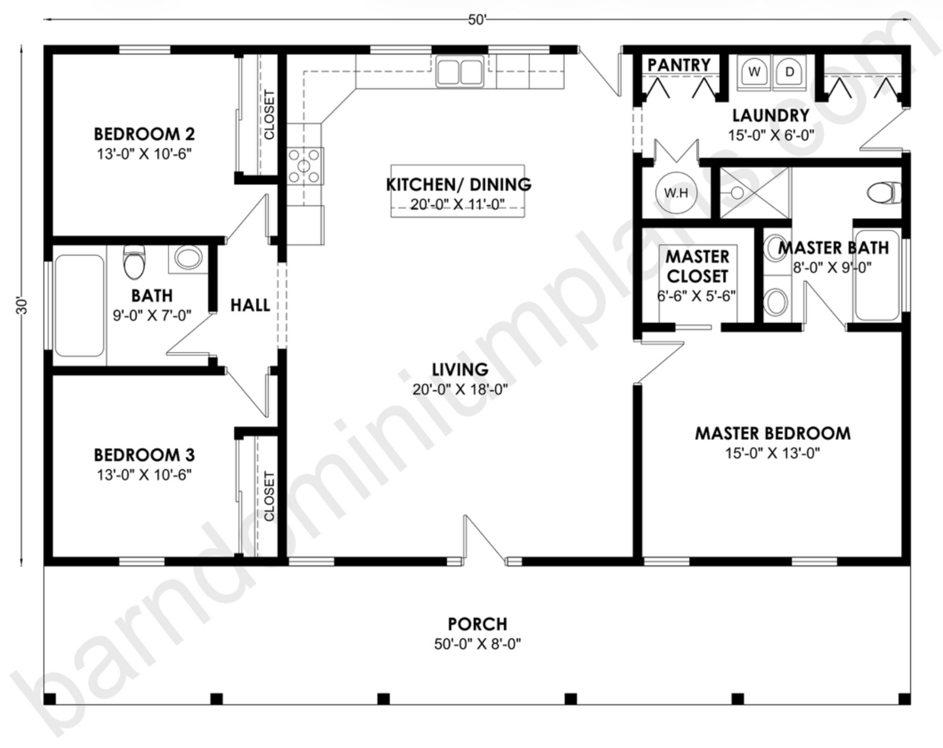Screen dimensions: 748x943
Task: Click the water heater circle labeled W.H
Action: (676, 193)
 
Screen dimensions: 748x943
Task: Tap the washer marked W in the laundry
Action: (754, 72)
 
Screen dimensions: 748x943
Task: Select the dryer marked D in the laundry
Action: (790, 72)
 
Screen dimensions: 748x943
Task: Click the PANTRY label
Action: (679, 65)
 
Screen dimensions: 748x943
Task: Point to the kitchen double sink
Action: (460, 71)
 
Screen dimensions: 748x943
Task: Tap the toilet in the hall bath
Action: (134, 261)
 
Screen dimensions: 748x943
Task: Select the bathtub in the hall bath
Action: (79, 306)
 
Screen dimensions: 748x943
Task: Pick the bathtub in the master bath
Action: (877, 275)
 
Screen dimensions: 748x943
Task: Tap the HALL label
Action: (250, 305)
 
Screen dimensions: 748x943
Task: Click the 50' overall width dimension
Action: (477, 20)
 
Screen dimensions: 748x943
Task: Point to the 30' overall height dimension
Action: (22, 305)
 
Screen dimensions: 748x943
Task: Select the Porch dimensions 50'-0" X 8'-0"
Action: (477, 644)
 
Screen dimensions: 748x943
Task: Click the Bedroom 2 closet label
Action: (269, 115)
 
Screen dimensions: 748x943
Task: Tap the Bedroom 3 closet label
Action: (269, 496)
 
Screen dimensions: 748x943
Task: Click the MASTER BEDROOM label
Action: (772, 433)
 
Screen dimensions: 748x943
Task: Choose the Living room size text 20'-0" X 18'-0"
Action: (460, 390)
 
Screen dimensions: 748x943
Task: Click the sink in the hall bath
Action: (188, 258)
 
